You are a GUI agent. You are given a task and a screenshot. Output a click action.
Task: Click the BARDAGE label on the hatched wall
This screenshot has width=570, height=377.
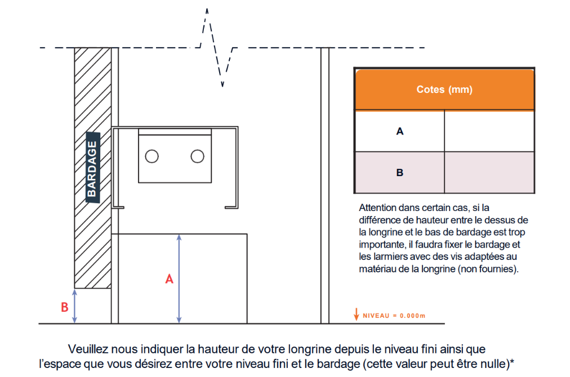point(92,167)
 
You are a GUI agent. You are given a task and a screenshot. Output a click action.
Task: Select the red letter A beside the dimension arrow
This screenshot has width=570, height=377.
point(168,279)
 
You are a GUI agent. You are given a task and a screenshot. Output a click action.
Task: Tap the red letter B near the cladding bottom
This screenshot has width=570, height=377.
point(64,307)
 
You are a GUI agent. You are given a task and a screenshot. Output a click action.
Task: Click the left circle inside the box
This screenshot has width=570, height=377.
point(152,156)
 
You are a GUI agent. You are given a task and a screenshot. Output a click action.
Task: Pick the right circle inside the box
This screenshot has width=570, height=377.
point(197,156)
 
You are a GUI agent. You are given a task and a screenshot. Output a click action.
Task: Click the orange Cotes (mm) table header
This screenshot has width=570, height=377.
point(444,89)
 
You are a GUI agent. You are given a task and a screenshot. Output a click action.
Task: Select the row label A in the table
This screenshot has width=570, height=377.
point(400,131)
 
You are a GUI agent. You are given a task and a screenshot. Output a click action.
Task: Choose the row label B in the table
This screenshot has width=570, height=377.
point(400,173)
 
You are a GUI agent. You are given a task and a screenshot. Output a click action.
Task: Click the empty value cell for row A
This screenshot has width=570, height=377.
point(489,131)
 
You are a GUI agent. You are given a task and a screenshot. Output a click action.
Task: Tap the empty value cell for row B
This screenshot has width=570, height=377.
point(489,173)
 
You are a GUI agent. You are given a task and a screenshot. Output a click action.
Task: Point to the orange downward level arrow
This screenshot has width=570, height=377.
point(356,315)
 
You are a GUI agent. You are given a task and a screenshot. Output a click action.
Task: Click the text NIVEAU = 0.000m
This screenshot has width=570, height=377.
point(394,316)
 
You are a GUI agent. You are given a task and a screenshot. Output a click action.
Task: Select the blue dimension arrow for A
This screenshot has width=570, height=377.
point(179,279)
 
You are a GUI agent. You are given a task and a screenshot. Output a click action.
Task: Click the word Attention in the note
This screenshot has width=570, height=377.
point(376,208)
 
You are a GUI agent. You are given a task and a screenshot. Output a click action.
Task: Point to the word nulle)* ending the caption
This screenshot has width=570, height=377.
point(496,363)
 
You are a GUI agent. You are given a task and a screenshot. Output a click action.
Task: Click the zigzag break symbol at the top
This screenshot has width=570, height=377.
point(217,48)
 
